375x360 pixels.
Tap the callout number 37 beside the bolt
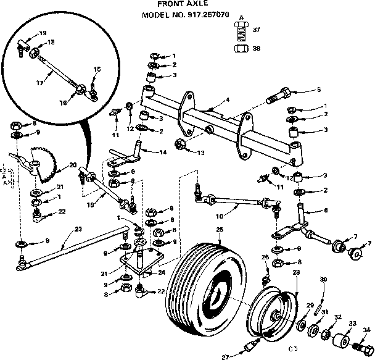coord(257,29)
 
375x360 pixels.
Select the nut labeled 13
coord(181,145)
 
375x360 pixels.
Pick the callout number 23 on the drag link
coord(78,228)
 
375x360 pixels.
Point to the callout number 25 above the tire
coord(219,230)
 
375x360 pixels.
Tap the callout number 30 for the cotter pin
coord(323,279)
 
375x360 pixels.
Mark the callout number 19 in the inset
coord(43,32)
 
